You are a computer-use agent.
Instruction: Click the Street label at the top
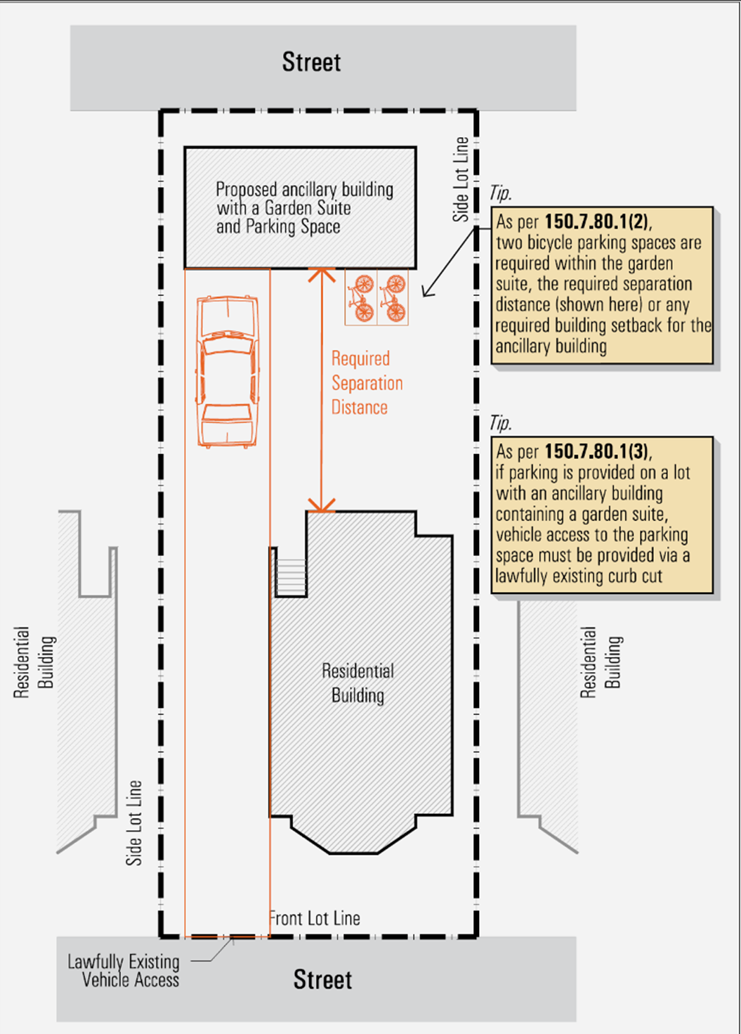coord(311,63)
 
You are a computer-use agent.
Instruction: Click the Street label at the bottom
coord(322,979)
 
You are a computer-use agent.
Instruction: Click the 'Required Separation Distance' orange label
coord(366,383)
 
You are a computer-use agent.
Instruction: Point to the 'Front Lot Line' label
coord(315,918)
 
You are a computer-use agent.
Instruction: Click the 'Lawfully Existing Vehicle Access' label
coord(124,971)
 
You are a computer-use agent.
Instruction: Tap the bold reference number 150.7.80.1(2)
coord(597,221)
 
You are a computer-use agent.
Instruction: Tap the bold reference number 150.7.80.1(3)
coord(597,451)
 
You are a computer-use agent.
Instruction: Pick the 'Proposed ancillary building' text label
coord(303,208)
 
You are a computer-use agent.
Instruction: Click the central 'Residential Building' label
coord(358,683)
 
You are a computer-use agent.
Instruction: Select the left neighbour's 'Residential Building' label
coord(34,662)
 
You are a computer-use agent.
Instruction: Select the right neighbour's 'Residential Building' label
coord(601,662)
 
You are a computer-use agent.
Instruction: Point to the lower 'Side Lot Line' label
coord(133,822)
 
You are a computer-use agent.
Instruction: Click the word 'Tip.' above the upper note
coord(500,193)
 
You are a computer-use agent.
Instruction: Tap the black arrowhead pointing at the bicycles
coord(427,292)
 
